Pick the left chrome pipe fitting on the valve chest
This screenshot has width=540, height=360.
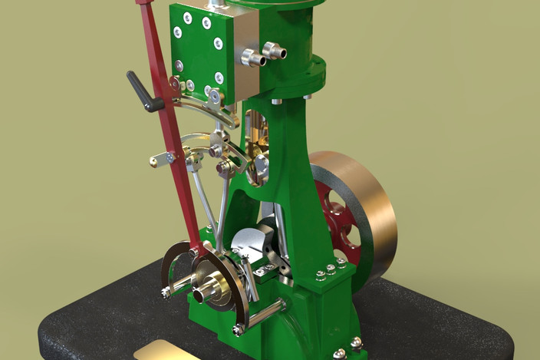pos(251,58)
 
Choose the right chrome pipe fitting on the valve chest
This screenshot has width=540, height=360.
pos(273,51)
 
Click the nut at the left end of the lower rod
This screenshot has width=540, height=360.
pos(166,292)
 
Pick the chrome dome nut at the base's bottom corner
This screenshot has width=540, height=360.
pos(340,354)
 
